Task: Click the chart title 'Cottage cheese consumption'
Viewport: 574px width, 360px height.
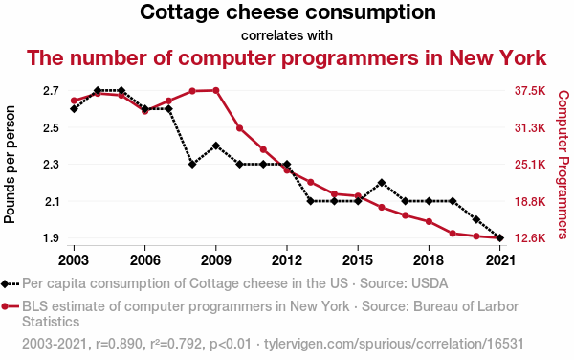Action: [287, 13]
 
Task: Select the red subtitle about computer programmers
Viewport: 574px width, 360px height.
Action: [287, 57]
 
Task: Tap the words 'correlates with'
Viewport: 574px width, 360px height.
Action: [287, 35]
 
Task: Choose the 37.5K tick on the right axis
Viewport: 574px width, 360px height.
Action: [528, 91]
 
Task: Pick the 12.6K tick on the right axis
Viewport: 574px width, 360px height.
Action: [528, 238]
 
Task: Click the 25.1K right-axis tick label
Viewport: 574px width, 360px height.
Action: [528, 165]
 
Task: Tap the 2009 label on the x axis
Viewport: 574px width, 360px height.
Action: [215, 259]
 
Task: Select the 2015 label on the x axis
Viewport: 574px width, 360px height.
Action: [358, 259]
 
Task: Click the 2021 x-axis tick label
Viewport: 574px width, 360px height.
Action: [499, 259]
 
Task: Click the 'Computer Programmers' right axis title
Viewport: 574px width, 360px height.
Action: [563, 165]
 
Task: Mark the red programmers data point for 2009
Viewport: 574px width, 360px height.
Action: [216, 90]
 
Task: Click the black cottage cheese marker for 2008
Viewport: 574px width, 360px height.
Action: [192, 165]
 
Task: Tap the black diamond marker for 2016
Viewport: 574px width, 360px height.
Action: [382, 183]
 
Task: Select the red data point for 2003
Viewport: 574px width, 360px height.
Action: [74, 101]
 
